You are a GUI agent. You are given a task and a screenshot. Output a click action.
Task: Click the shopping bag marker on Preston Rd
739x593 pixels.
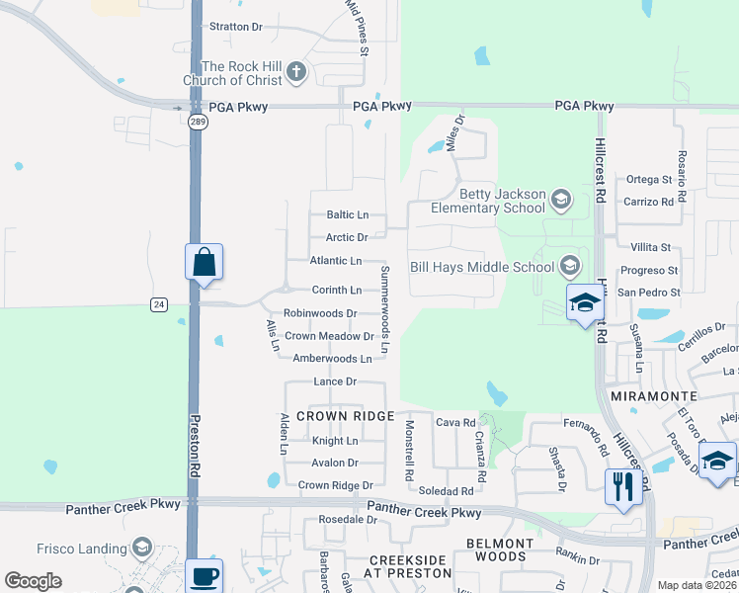tap(204, 263)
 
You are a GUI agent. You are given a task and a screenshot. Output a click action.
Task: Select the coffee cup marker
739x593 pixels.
tap(205, 576)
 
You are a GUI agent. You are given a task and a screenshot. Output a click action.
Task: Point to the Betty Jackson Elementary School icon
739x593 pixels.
tap(561, 201)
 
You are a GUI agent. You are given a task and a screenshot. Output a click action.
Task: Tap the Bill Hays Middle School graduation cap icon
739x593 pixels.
tap(570, 265)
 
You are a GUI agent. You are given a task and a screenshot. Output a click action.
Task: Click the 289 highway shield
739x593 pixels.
tap(196, 121)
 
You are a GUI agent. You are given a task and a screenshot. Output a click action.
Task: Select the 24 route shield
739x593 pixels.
tap(158, 304)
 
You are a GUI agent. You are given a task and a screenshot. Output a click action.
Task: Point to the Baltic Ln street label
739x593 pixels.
tap(347, 214)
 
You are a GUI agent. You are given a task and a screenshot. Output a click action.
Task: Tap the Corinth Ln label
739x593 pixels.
tap(337, 291)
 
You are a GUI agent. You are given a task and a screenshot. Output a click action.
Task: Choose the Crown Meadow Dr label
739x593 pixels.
tap(330, 336)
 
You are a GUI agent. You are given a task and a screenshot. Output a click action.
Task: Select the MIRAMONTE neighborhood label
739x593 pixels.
tap(654, 395)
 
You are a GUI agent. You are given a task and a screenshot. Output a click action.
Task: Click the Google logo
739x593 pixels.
tap(33, 581)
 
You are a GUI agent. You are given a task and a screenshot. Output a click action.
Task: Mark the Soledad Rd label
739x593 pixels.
tap(447, 491)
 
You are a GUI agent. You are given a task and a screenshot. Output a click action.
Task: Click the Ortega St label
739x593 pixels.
tap(649, 180)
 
